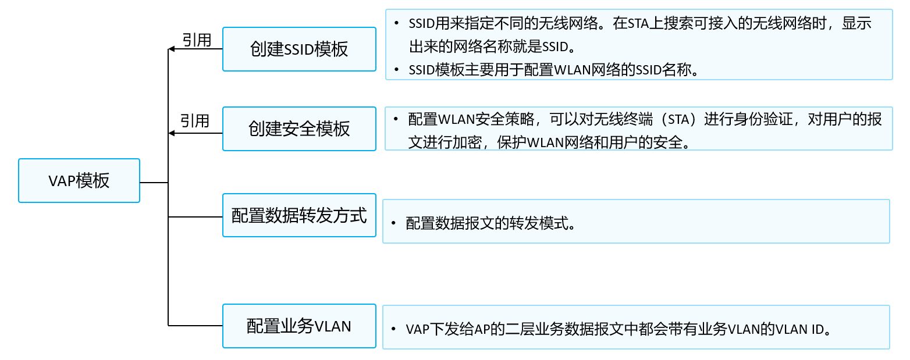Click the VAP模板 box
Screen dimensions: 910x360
coord(79,181)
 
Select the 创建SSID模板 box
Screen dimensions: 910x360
coord(300,49)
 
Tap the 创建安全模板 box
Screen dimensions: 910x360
coord(300,129)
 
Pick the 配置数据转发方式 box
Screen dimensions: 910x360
coord(300,215)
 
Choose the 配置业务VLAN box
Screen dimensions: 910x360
coord(300,326)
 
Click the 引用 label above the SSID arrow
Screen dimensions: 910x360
coord(197,40)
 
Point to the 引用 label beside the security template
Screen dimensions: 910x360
coord(194,121)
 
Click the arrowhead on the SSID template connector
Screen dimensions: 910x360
coord(172,49)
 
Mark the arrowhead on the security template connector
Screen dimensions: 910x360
coord(172,133)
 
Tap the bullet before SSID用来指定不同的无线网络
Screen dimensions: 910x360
coord(396,23)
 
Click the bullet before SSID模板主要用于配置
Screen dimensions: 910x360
coord(396,70)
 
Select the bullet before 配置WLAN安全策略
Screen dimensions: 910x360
coord(396,119)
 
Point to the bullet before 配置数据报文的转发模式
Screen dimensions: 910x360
coord(393,223)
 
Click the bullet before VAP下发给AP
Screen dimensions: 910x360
coord(393,329)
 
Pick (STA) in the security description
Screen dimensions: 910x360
coord(678,119)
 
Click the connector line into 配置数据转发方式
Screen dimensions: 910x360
coord(195,217)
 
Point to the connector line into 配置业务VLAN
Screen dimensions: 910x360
coord(195,326)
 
